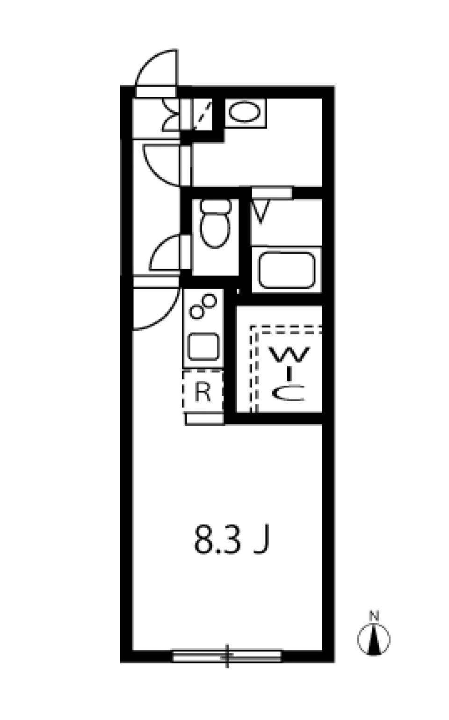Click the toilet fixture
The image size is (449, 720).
pos(215,224)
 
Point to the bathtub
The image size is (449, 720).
pos(287,270)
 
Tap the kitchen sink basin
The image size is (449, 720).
pos(203,347)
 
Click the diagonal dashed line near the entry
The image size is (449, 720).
pos(203,115)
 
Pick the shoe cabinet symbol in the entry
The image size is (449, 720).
pos(171,115)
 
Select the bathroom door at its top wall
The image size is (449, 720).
pos(272,193)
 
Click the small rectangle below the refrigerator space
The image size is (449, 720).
pos(204,419)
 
